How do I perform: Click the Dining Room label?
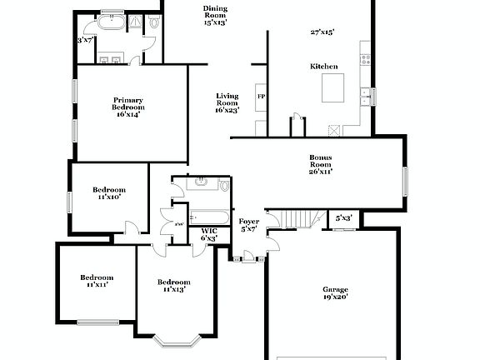pos(214,16)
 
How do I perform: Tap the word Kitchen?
pos(323,66)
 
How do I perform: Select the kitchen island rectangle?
pos(334,87)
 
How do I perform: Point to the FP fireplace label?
pos(260,96)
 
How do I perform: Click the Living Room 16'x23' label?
pos(227,102)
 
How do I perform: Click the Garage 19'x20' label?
pos(335,293)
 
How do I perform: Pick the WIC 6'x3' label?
pos(208,235)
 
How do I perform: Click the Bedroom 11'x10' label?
pos(108,193)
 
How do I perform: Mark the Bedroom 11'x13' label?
pos(174,285)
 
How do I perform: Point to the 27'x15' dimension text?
pos(322,32)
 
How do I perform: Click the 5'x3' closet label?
pos(343,218)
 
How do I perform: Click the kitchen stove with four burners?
pos(364,58)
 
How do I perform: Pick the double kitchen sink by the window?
pos(365,97)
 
